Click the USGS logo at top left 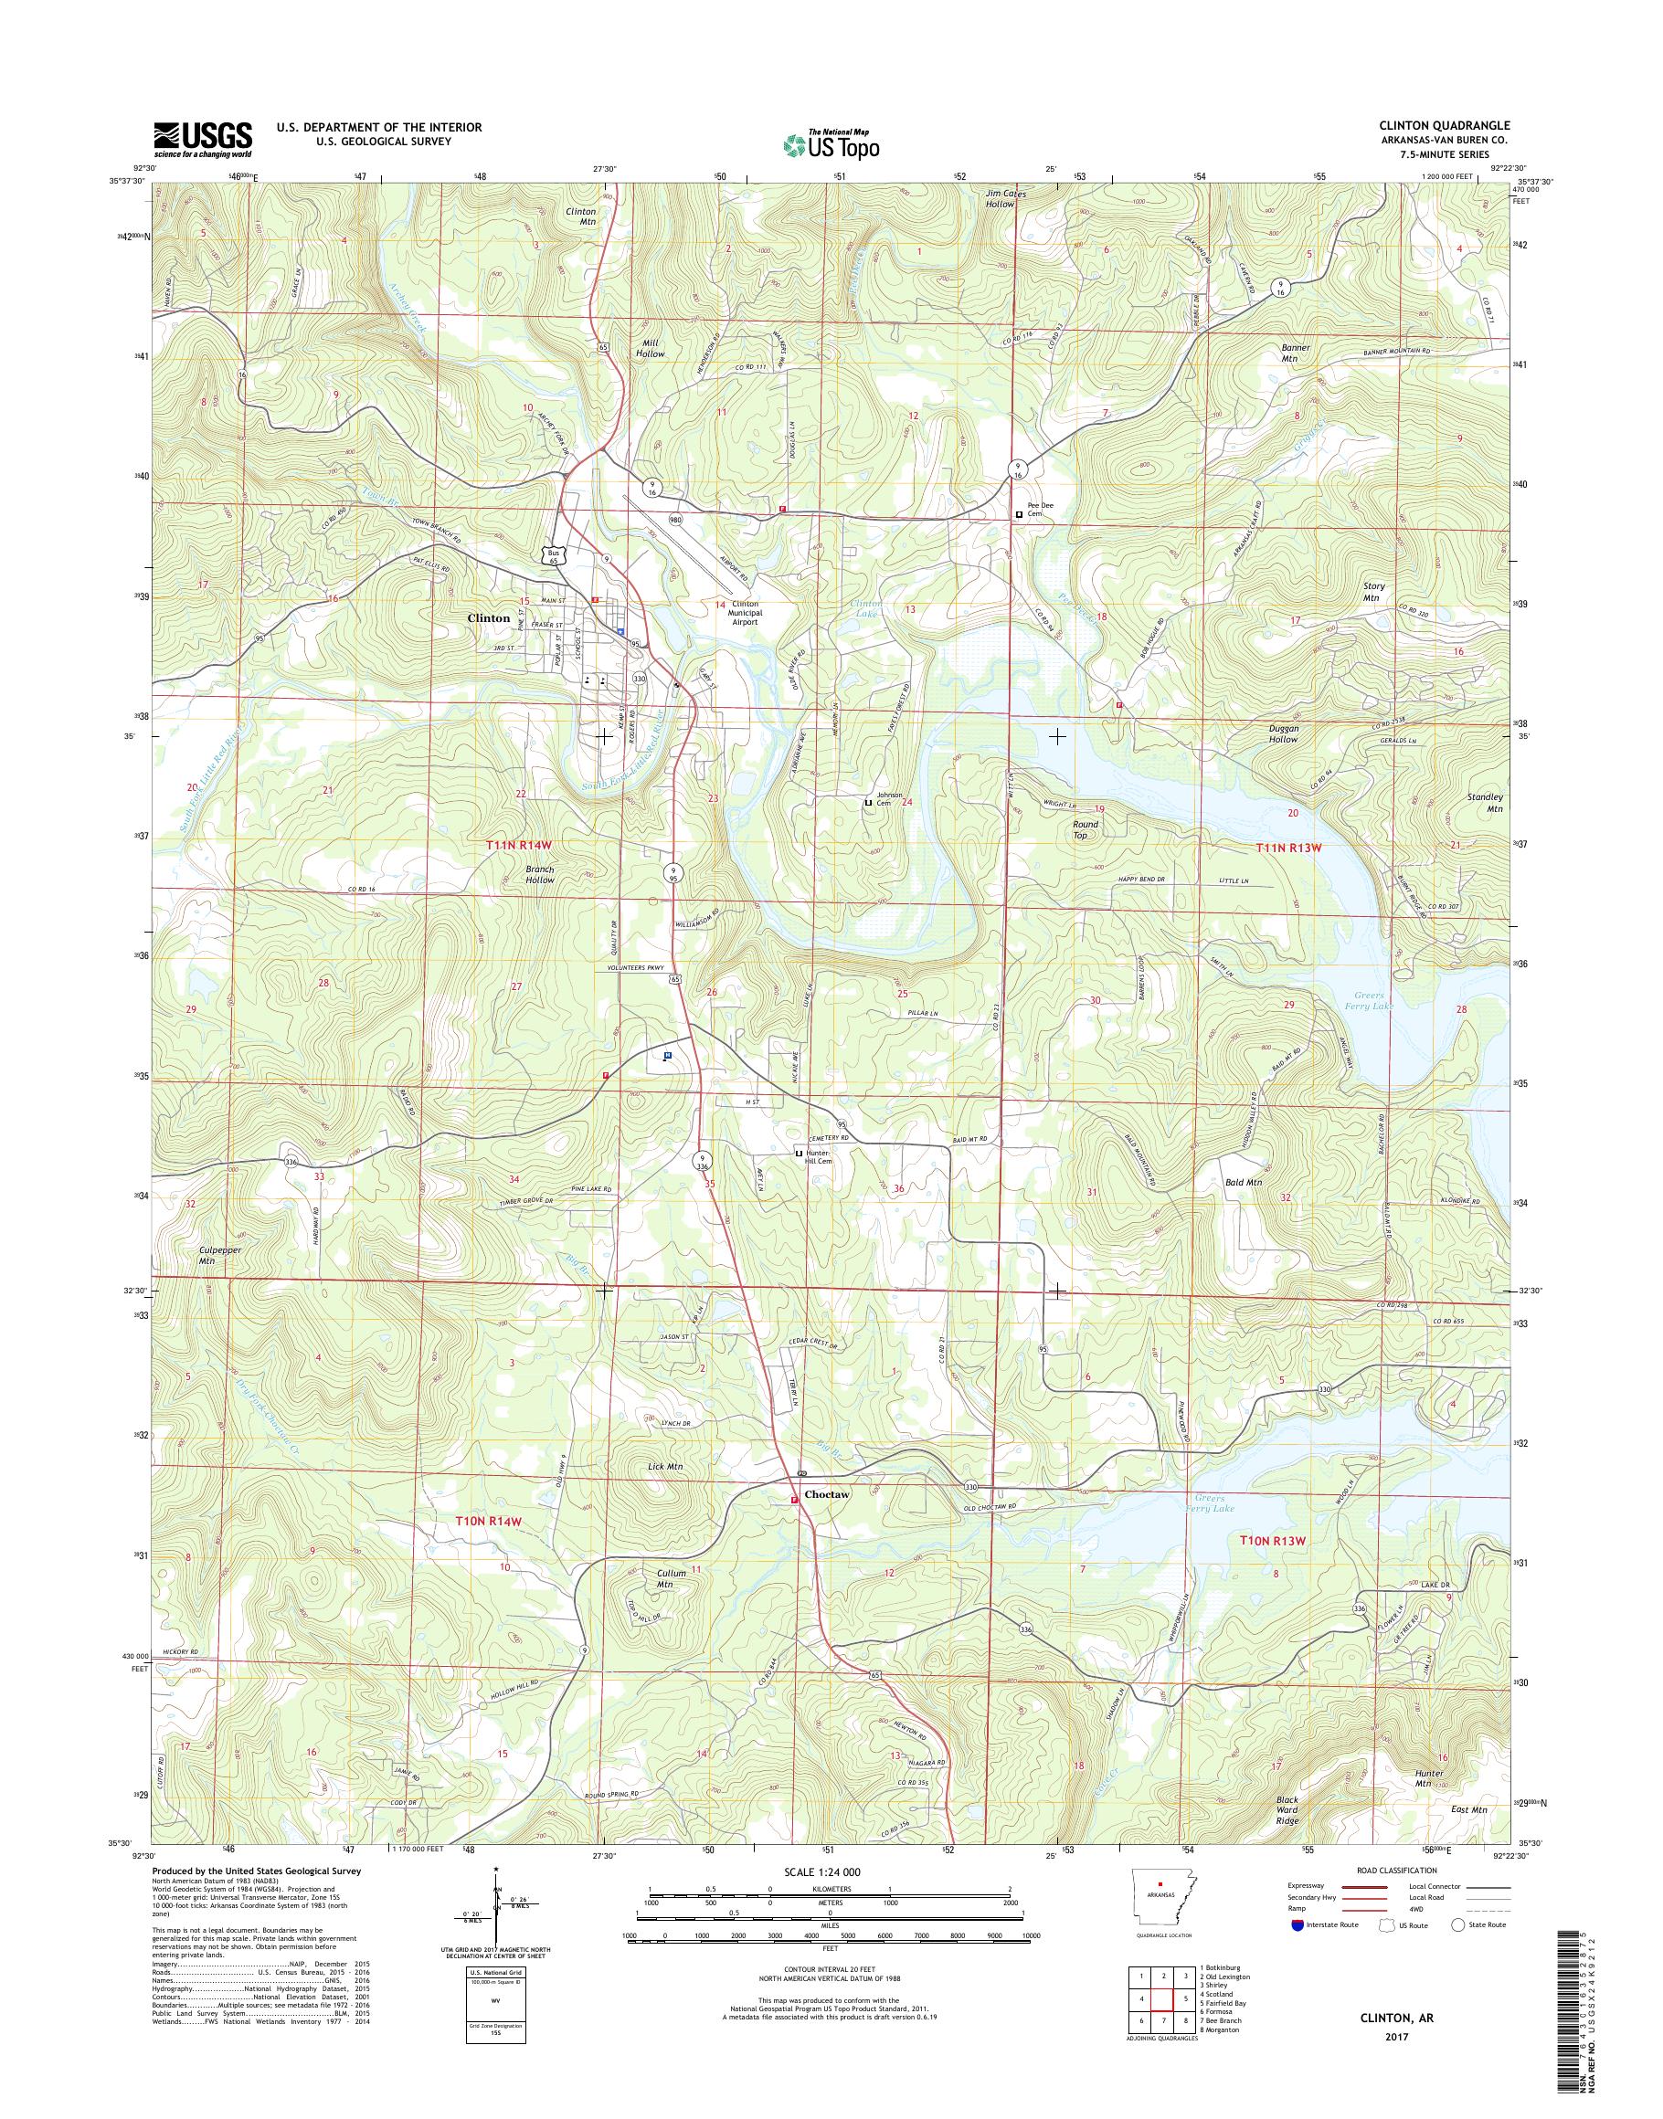203,139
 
